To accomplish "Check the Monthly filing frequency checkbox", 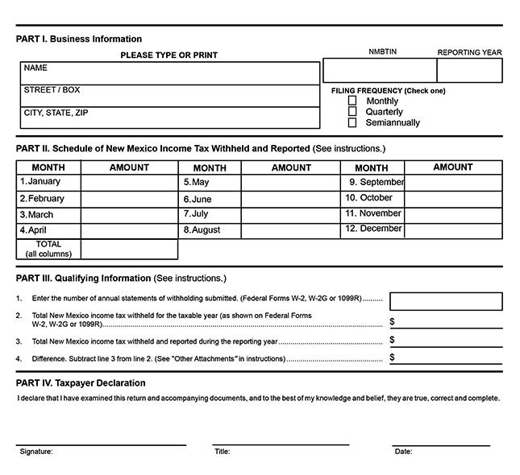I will point(352,101).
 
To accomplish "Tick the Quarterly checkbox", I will point(352,112).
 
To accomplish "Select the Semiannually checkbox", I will point(352,123).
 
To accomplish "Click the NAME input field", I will point(169,73).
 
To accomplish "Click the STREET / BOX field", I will point(169,96).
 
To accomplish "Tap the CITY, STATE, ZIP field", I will point(169,118).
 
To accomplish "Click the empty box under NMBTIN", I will point(380,71).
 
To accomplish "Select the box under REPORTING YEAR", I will point(469,71).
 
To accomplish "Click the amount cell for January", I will point(129,183).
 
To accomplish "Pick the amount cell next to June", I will point(290,199).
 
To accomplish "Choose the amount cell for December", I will point(453,229).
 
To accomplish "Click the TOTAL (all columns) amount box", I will point(129,250).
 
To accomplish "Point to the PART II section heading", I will point(162,149).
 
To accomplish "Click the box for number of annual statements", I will point(446,301).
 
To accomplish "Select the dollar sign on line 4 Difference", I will point(393,357).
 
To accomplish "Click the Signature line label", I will point(36,452).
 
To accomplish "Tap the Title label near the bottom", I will point(223,452).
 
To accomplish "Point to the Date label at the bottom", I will point(403,452).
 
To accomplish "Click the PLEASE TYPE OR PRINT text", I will point(168,56).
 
